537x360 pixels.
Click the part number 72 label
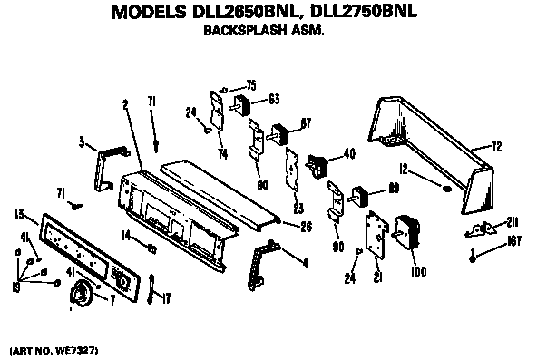(x=497, y=145)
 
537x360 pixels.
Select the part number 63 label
(x=273, y=99)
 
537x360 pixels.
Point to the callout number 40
(x=349, y=154)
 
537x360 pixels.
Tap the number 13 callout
(x=19, y=213)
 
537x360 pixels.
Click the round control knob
(x=83, y=294)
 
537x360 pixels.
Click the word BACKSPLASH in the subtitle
(x=239, y=30)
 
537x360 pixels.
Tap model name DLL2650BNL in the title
(x=240, y=12)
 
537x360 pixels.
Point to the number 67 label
(x=306, y=123)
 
